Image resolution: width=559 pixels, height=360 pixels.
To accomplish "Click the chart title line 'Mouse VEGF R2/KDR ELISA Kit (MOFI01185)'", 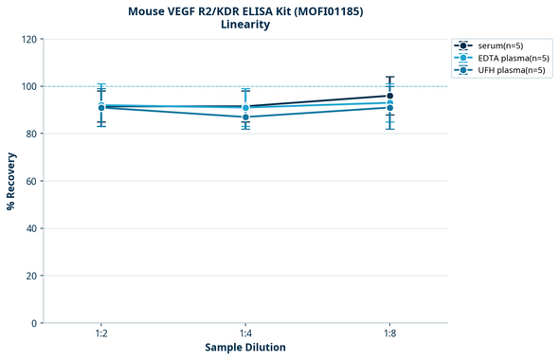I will coord(245,10).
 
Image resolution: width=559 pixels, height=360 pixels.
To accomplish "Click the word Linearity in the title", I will coord(245,25).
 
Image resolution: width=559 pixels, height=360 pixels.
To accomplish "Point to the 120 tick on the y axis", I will coord(28,40).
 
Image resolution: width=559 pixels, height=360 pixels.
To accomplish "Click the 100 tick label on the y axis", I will coord(28,87).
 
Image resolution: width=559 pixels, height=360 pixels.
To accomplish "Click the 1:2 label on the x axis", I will coord(100,334).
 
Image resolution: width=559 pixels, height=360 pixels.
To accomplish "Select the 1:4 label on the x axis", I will coord(245,334).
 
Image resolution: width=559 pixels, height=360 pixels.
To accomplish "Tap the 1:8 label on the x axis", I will coord(389,334).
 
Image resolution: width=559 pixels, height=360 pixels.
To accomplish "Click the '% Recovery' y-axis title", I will coord(11,181).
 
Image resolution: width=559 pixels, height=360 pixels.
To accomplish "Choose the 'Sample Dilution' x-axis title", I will coord(245,348).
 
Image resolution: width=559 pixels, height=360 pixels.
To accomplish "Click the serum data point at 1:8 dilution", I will coord(389,96).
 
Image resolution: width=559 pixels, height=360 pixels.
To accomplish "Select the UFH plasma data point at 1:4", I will coord(245,117).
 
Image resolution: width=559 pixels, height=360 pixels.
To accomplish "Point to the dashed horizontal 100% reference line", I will coord(313,86).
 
